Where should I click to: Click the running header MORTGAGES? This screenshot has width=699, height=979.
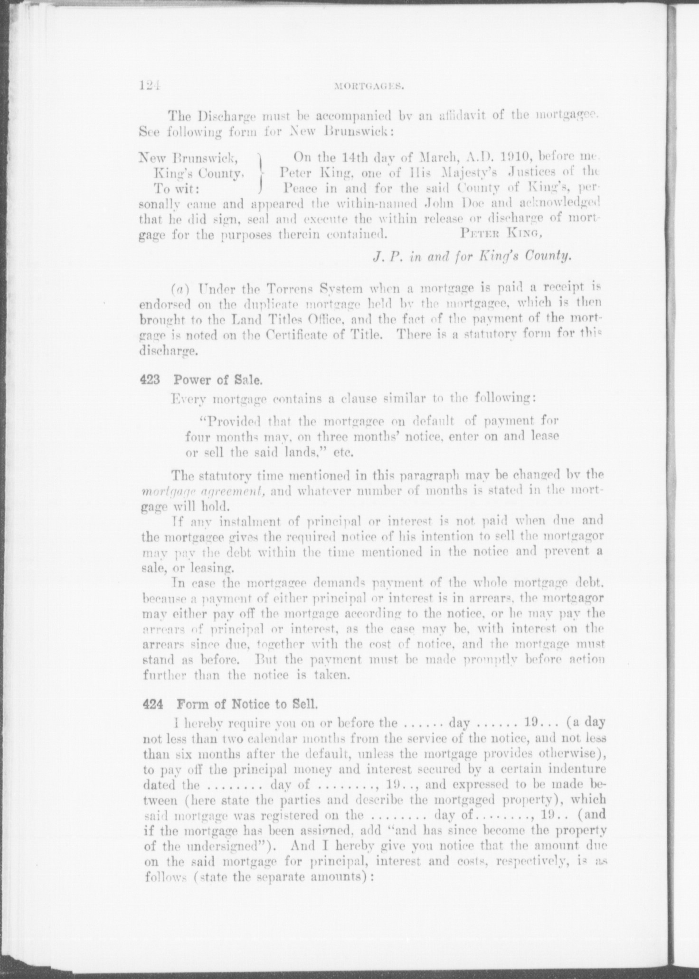(368, 86)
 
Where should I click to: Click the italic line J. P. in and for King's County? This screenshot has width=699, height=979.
(471, 257)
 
